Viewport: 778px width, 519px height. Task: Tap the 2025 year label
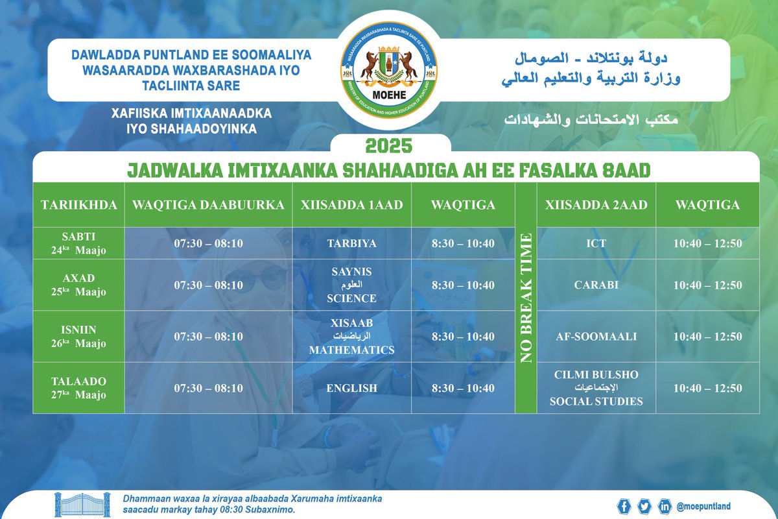click(389, 144)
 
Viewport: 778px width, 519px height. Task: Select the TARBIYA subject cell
click(352, 243)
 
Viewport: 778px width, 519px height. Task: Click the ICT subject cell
click(596, 243)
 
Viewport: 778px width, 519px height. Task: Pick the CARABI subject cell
click(596, 285)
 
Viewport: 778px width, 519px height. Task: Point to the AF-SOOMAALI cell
click(596, 337)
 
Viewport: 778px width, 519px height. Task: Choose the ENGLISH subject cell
click(352, 388)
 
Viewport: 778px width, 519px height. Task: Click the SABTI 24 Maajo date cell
click(79, 243)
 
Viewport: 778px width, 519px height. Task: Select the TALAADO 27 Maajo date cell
click(79, 388)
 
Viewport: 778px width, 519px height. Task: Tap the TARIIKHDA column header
click(79, 205)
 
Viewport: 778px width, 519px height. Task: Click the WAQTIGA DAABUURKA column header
click(208, 205)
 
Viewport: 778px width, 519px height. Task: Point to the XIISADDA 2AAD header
click(596, 205)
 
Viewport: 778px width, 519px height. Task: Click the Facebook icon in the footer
click(624, 506)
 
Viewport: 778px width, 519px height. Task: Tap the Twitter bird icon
click(644, 506)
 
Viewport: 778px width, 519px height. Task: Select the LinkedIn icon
click(665, 506)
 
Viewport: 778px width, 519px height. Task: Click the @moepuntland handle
click(703, 506)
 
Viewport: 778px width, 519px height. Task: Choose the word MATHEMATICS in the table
click(352, 350)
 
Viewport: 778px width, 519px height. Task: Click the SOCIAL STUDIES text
click(596, 402)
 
